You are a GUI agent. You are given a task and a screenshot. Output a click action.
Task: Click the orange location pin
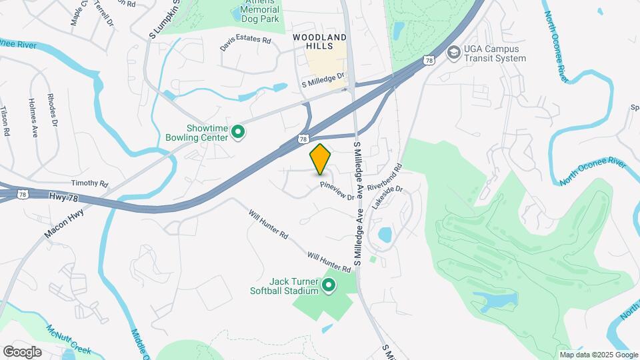coord(321,159)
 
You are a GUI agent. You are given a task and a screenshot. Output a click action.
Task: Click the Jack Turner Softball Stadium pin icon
coord(328,285)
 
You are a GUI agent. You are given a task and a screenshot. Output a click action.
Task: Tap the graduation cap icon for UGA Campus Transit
coord(454,52)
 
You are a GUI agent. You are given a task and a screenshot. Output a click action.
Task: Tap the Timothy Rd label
coord(89,183)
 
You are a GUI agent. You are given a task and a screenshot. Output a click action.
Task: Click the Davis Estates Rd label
coord(246,44)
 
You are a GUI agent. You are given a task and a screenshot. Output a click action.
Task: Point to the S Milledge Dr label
coord(324,81)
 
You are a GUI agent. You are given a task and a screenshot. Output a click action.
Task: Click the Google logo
coord(22,351)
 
